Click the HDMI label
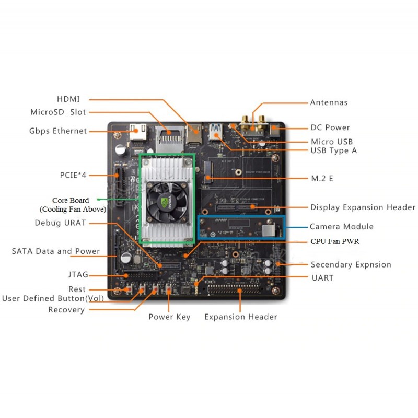tap(68, 99)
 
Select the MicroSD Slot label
tap(58, 112)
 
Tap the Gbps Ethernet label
tap(58, 131)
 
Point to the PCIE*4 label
tap(73, 175)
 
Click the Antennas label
tap(329, 102)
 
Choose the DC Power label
tap(330, 127)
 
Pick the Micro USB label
tap(332, 141)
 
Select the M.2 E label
tap(322, 179)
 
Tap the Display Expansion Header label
tap(363, 207)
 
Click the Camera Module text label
tap(342, 226)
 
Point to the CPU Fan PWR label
tap(335, 241)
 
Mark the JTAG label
tap(77, 274)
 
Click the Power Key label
tap(169, 317)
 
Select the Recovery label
tap(66, 310)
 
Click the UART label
tap(322, 277)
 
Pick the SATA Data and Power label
tap(56, 251)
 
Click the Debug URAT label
tap(60, 223)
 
